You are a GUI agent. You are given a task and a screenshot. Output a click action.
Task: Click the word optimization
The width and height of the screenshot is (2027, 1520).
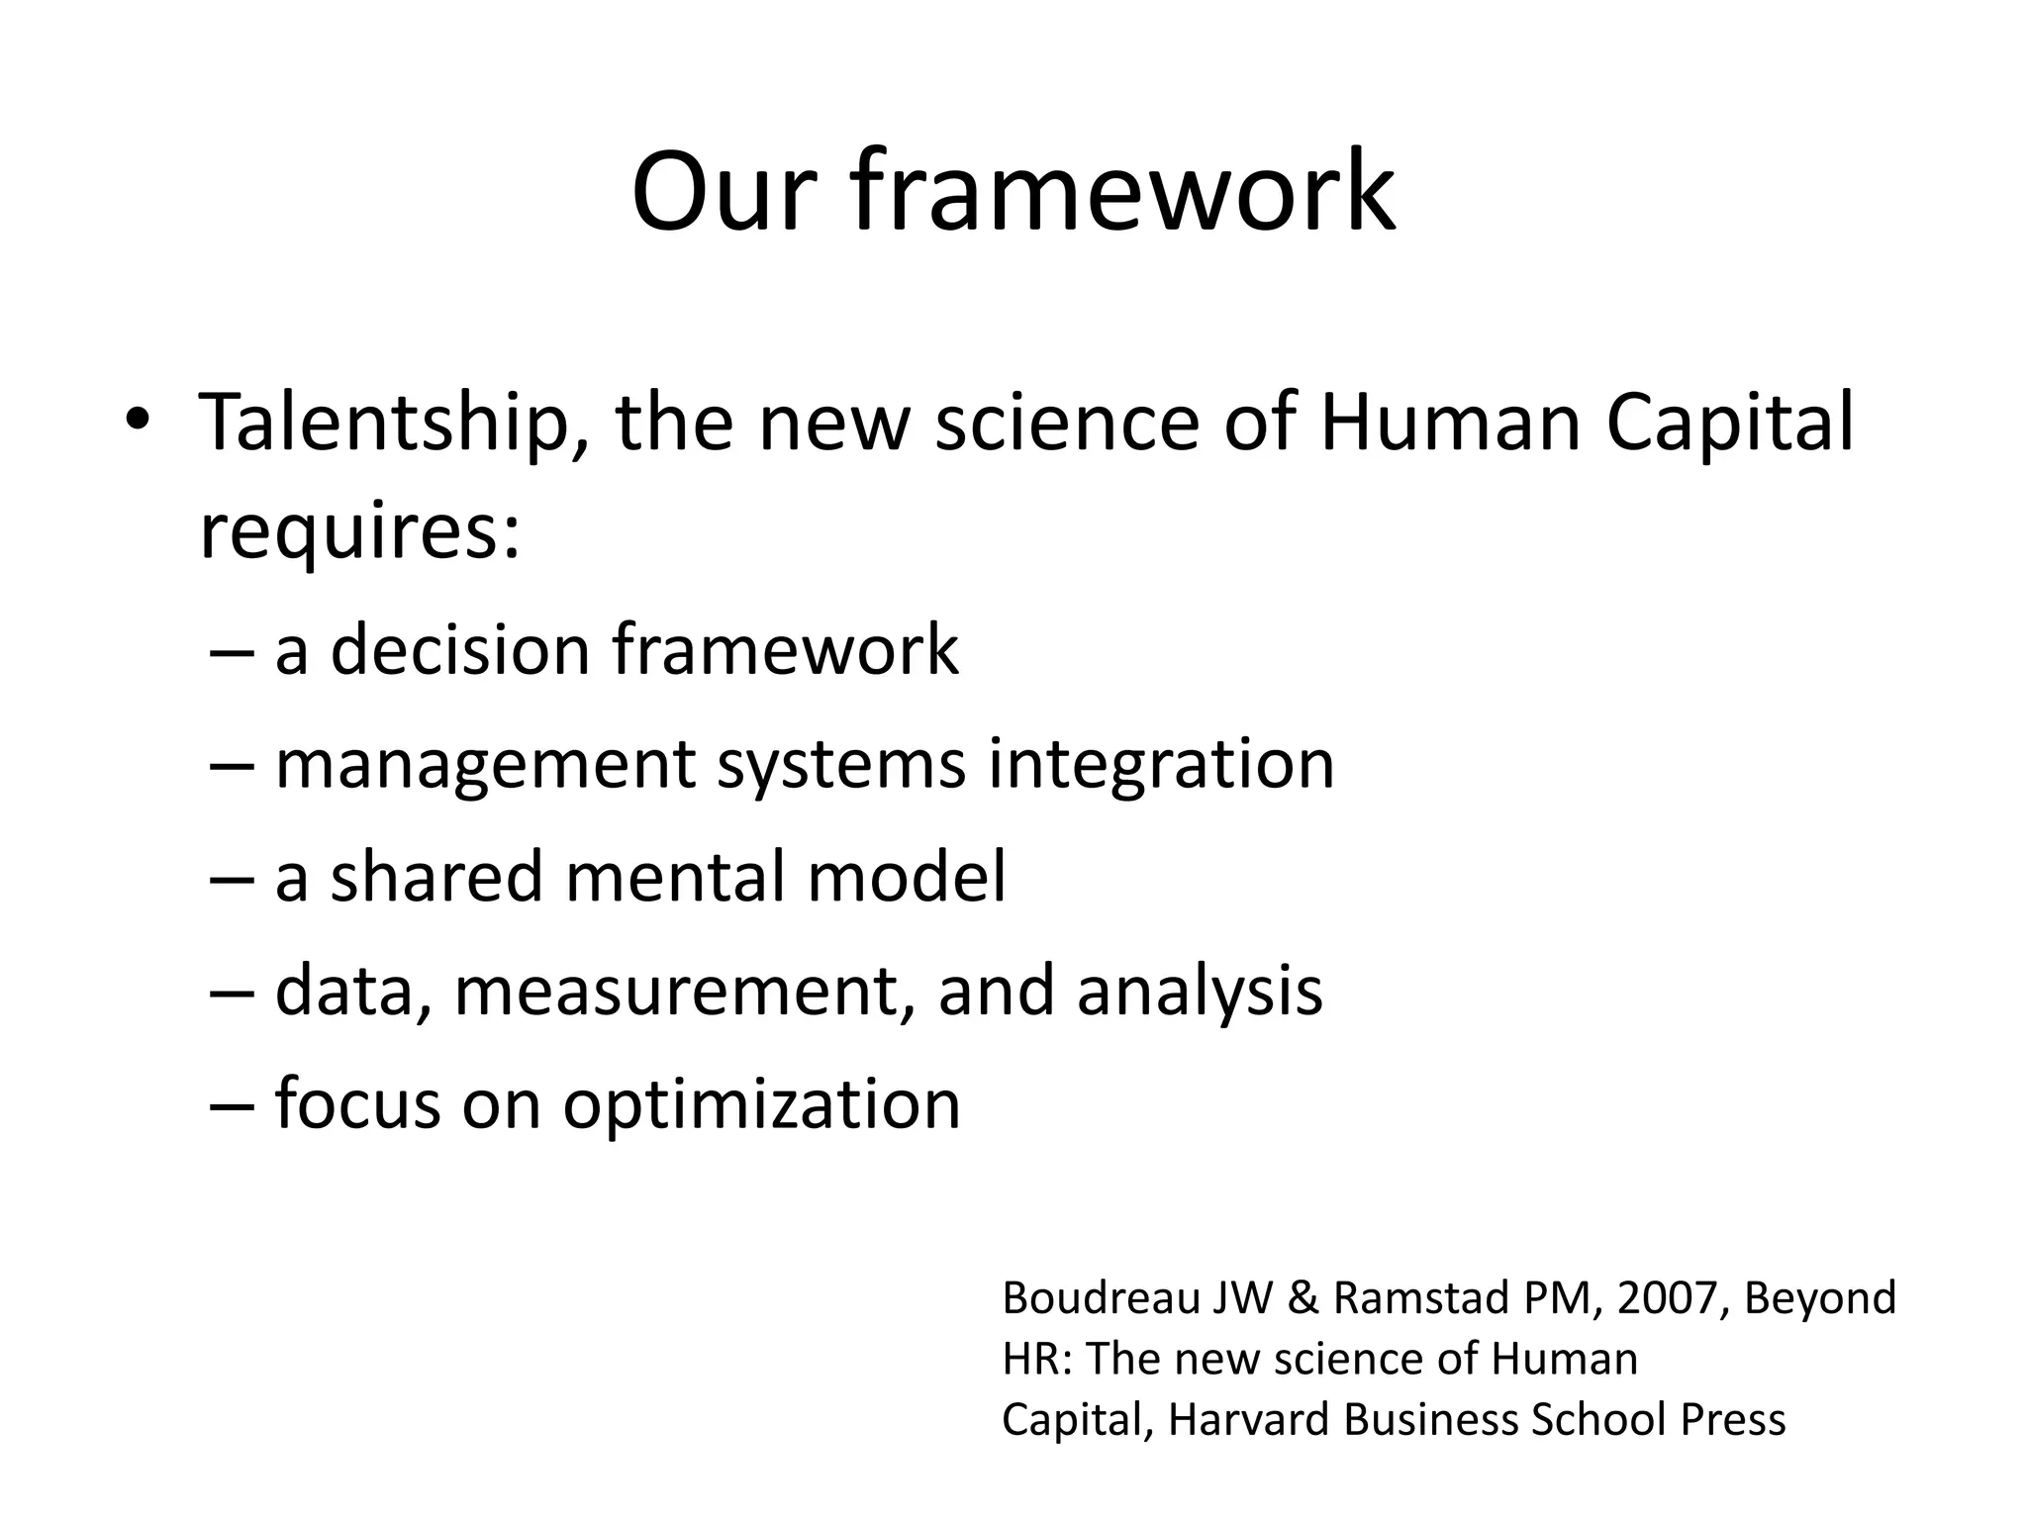(x=761, y=1104)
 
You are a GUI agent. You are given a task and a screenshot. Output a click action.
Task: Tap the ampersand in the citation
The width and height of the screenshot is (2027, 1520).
(x=1303, y=1298)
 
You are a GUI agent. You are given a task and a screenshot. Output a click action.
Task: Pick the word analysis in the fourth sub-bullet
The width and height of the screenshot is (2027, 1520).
(x=1199, y=992)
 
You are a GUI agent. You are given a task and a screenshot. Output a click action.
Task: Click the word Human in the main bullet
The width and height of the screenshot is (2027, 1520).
(x=1451, y=424)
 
